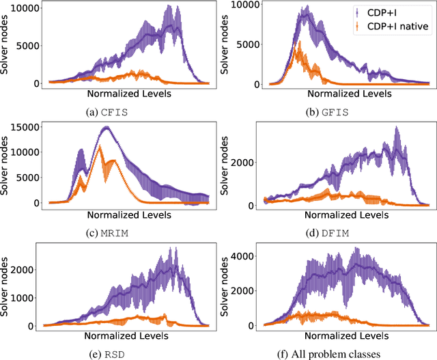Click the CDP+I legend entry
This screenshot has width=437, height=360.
coord(391,12)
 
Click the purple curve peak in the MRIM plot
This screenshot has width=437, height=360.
coord(106,128)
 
